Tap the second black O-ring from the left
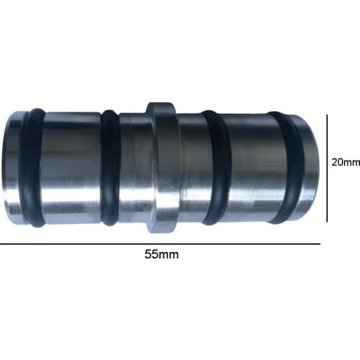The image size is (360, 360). (x=110, y=167)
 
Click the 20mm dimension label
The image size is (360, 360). (x=345, y=162)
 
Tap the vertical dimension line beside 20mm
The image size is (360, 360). (x=328, y=167)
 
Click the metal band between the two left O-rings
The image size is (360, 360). (x=72, y=167)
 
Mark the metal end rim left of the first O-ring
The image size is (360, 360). (x=13, y=167)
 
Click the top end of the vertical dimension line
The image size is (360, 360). (x=328, y=113)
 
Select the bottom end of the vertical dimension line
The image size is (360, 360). (x=328, y=221)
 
